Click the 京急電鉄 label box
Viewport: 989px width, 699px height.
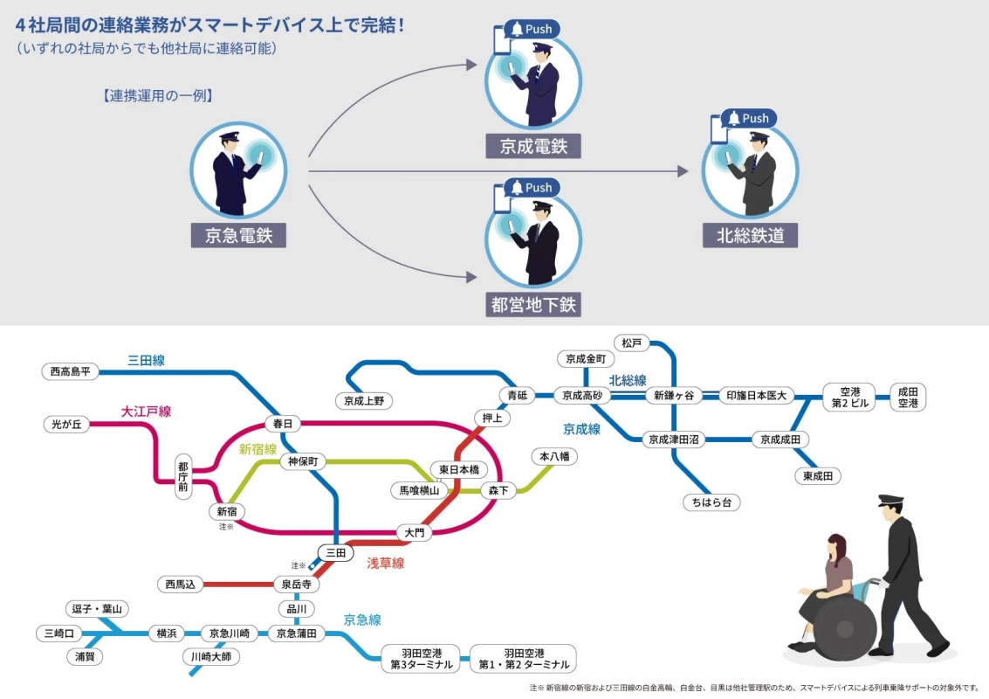pos(238,235)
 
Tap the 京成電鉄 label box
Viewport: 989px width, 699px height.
pos(532,146)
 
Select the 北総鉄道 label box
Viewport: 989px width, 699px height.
pos(750,235)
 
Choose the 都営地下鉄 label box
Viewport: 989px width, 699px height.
pos(532,305)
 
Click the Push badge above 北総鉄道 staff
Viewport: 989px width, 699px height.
pos(748,119)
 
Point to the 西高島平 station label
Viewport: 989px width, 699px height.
pos(70,371)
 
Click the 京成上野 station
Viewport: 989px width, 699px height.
pos(364,401)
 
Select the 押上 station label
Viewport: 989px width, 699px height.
pos(492,418)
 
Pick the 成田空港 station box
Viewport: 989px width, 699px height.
pos(908,398)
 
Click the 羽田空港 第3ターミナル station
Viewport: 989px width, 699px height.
pos(422,659)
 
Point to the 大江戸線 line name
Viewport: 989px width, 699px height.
pos(146,411)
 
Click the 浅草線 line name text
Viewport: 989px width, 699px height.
pos(385,564)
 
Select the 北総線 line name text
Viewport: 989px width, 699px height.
pos(627,380)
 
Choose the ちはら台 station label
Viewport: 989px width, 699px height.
pos(711,502)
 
